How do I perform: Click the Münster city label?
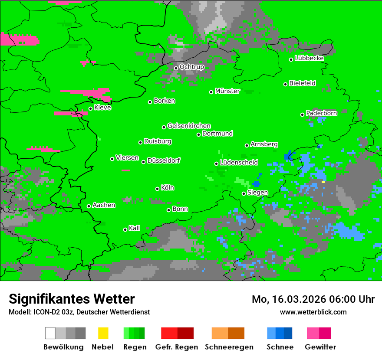(227, 91)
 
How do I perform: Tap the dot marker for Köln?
(158, 189)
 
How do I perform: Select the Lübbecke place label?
(309, 58)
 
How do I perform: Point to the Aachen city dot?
(89, 206)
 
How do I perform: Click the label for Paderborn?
(321, 113)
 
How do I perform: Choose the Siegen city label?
(257, 193)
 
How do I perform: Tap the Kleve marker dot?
(90, 108)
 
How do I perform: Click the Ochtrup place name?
(191, 67)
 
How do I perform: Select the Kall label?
(134, 228)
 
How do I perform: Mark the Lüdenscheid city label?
(239, 163)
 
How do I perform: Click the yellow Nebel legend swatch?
(103, 333)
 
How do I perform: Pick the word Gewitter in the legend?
(320, 347)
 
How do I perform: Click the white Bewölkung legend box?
(50, 333)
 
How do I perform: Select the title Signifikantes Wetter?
(72, 299)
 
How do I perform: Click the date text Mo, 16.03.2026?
(288, 299)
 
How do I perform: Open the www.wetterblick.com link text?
(313, 312)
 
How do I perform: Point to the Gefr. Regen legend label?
(177, 347)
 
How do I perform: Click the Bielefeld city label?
(302, 83)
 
